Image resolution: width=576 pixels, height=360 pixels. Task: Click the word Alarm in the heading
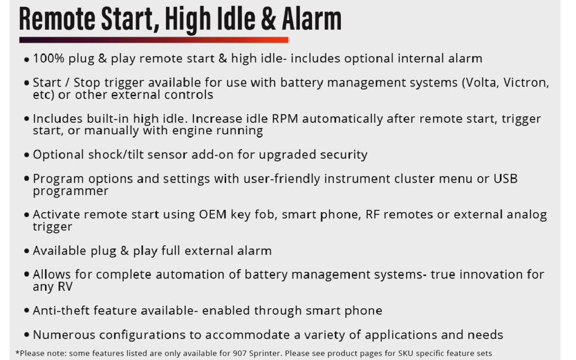pyautogui.click(x=312, y=19)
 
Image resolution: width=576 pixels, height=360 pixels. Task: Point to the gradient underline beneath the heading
pyautogui.click(x=154, y=40)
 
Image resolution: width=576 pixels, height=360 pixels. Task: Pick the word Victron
pyautogui.click(x=526, y=83)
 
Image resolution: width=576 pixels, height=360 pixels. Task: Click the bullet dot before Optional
pyautogui.click(x=26, y=155)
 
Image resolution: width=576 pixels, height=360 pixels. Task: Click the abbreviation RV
pyautogui.click(x=65, y=287)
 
